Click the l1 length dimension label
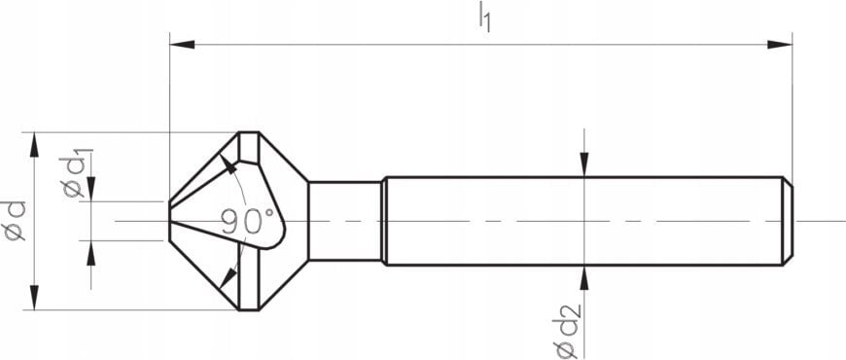(483, 18)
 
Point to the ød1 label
(78, 173)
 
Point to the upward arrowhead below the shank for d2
(583, 277)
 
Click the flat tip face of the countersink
(171, 221)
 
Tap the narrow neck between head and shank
(344, 221)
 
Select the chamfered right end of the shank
(788, 221)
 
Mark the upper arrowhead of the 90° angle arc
(231, 166)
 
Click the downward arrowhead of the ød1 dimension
(90, 191)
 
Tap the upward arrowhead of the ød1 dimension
(90, 252)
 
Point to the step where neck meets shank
(382, 221)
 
